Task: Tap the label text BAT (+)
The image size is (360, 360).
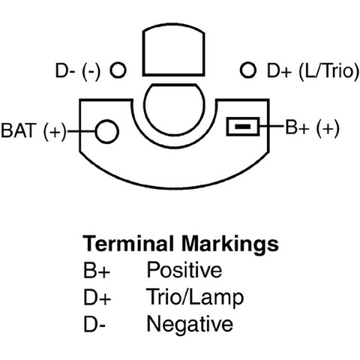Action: (x=34, y=131)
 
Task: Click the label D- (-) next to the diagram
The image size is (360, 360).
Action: (x=78, y=70)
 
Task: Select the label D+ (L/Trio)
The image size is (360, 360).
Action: (x=313, y=70)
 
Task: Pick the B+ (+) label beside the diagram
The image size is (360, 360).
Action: (x=313, y=127)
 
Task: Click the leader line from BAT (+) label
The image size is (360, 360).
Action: (x=81, y=131)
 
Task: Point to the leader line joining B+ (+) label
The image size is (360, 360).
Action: (x=272, y=127)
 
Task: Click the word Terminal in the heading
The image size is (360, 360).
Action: (x=128, y=243)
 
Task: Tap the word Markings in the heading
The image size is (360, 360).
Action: (x=230, y=245)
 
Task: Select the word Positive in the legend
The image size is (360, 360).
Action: (x=184, y=269)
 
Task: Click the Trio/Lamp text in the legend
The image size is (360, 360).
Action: (x=195, y=298)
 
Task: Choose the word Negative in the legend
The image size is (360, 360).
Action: (x=190, y=324)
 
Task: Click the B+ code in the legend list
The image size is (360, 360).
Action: (x=97, y=270)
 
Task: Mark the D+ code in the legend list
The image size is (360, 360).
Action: (x=97, y=297)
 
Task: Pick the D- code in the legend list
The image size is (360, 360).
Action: (x=94, y=324)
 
